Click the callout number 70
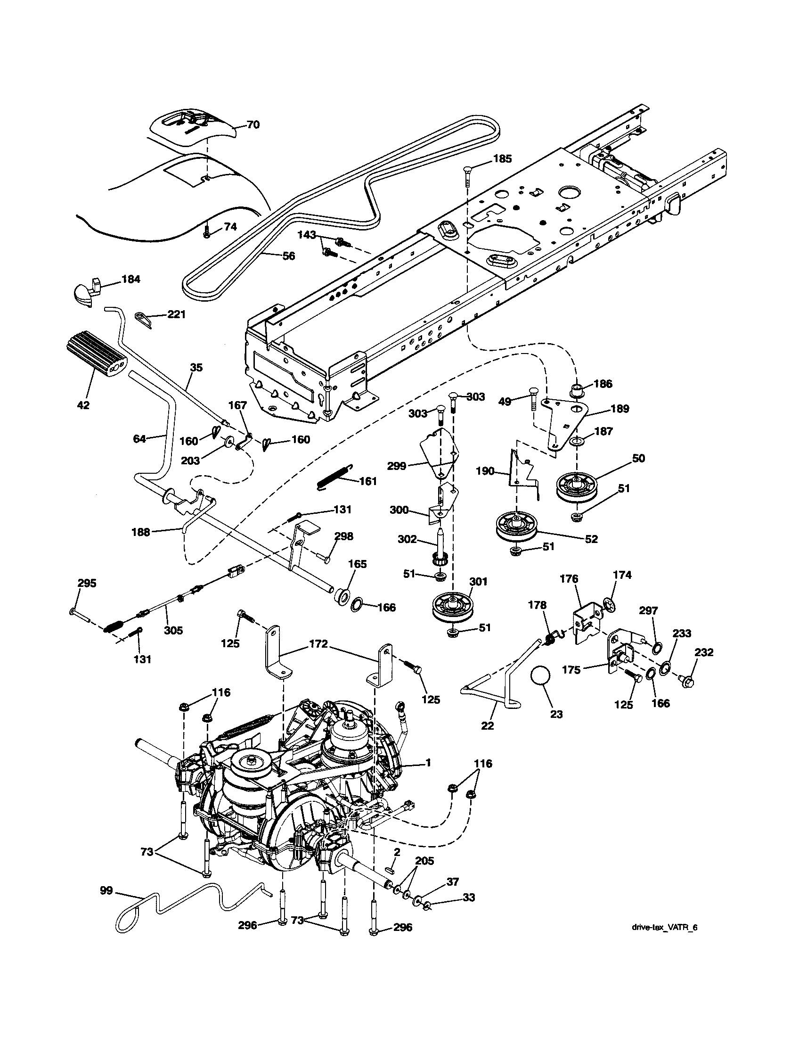tap(253, 125)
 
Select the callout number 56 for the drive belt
tap(288, 256)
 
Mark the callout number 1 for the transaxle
tap(428, 763)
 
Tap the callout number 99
tap(106, 890)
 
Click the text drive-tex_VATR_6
tap(664, 924)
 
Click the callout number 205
tap(424, 861)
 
